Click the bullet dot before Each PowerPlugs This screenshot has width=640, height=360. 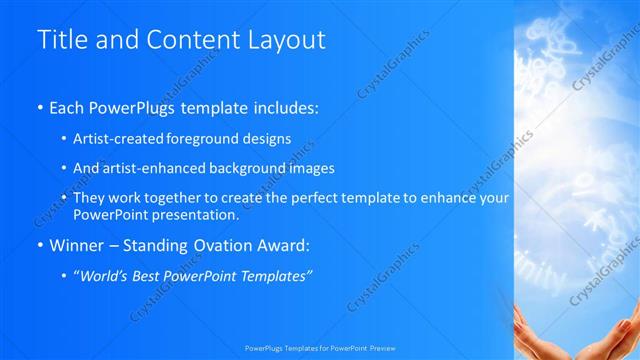click(x=39, y=105)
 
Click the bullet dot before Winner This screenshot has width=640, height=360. click(x=39, y=244)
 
